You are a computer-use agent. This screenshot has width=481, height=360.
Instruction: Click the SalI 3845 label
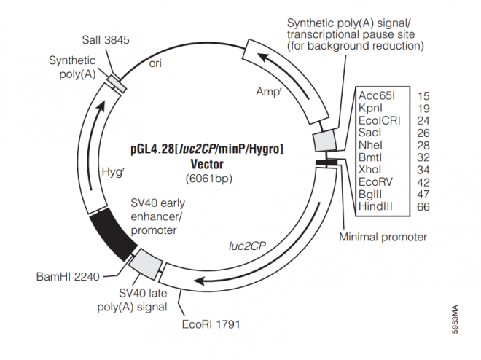[104, 41]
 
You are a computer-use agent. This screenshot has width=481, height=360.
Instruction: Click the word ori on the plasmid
[155, 63]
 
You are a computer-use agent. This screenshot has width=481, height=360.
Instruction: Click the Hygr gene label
[113, 171]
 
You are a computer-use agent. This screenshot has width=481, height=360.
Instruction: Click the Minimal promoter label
[383, 237]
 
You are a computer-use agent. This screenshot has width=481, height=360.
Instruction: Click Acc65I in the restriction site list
[376, 95]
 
